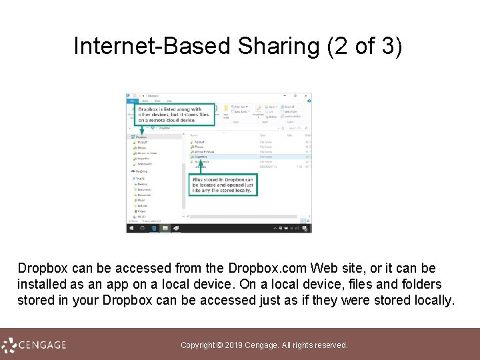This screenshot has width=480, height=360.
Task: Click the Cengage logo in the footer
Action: coord(33,345)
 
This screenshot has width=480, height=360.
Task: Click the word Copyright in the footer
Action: coord(197,345)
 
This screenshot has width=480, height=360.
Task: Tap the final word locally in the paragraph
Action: coord(431,300)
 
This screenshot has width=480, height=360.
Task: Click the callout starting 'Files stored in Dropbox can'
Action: coord(223,185)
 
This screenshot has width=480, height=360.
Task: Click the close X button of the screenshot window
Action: coord(308,96)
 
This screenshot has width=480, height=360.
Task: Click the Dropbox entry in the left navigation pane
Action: coord(141,137)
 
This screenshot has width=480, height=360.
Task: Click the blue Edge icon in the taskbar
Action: coord(154,228)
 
